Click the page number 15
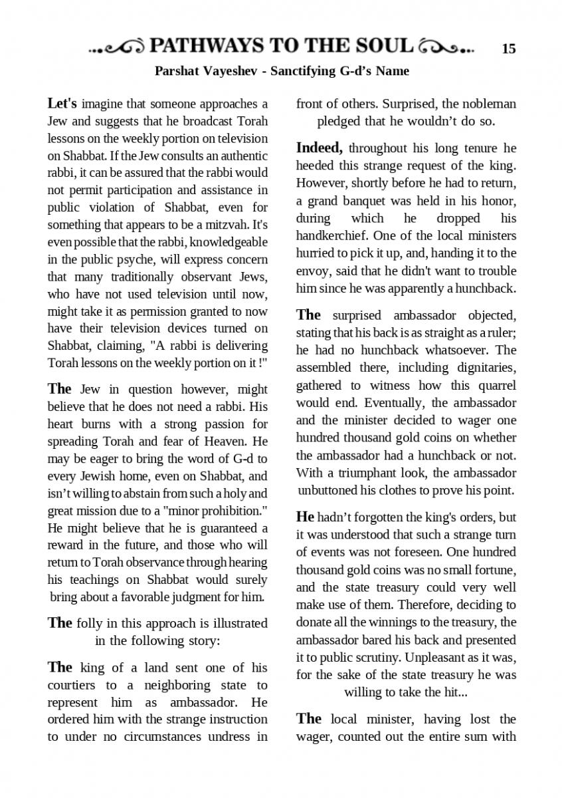509,49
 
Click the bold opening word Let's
62,104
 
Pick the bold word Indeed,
320,147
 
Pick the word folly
90,623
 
